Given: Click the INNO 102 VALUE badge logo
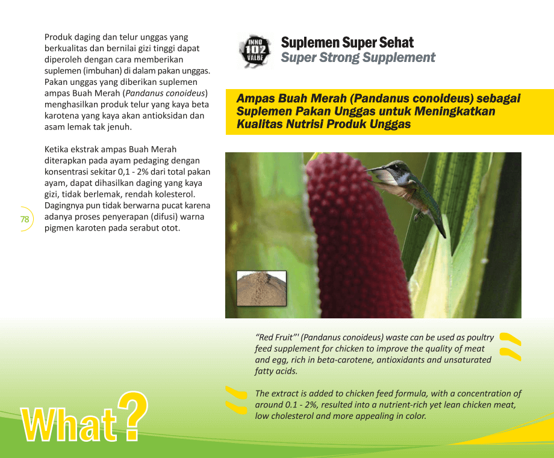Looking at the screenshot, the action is [x=255, y=51].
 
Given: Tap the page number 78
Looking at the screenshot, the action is [x=25, y=219].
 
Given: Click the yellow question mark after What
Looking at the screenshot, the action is [x=132, y=416].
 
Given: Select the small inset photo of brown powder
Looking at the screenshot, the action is [x=261, y=288].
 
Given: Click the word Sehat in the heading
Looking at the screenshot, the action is [x=396, y=43].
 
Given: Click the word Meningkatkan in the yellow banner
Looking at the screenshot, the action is [x=455, y=111].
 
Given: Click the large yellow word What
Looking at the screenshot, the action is [x=69, y=424].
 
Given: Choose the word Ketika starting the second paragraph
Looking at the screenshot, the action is [x=56, y=149].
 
